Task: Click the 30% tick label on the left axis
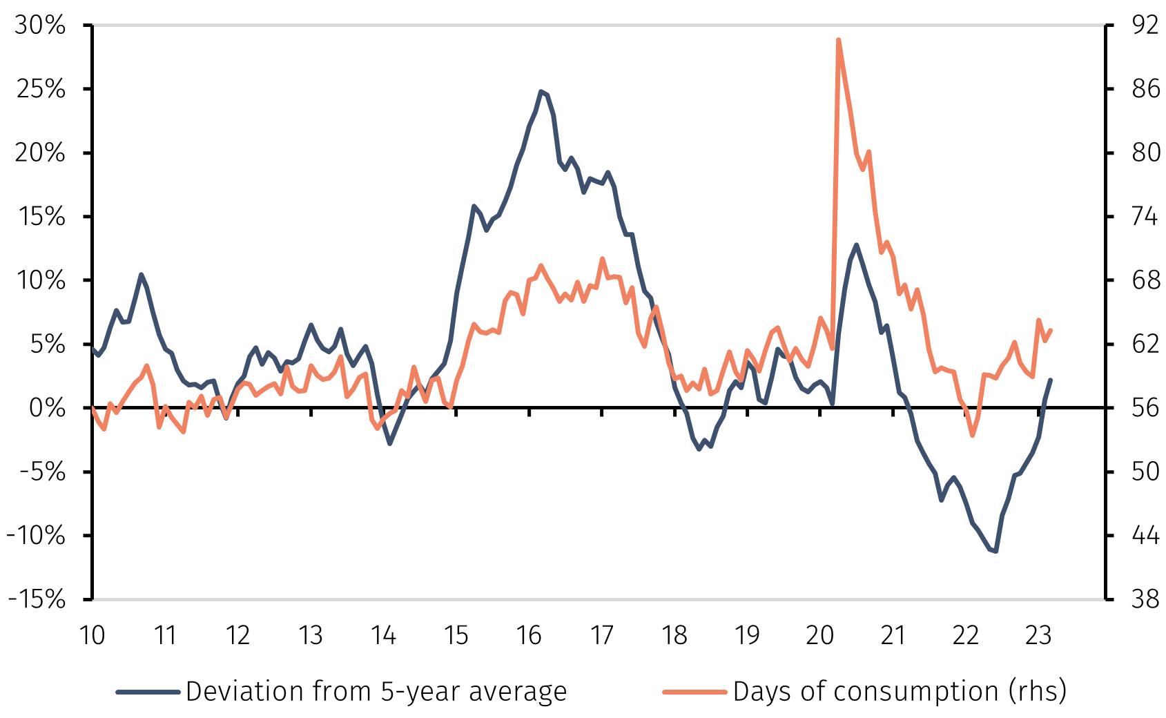click(40, 26)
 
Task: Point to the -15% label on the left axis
click(37, 599)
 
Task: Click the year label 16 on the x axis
click(529, 635)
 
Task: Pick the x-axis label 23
click(1038, 635)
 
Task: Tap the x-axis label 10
click(93, 635)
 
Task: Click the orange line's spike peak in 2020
click(838, 40)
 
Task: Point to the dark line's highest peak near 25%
click(541, 91)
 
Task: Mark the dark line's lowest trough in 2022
click(996, 551)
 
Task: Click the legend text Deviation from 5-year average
click(376, 691)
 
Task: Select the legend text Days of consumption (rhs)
click(900, 691)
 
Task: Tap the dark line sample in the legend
click(148, 691)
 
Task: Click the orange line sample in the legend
click(694, 691)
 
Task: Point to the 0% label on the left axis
click(48, 408)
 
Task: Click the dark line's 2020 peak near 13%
click(856, 244)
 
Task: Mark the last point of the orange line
click(1051, 330)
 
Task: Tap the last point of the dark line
click(1051, 380)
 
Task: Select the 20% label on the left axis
click(40, 153)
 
